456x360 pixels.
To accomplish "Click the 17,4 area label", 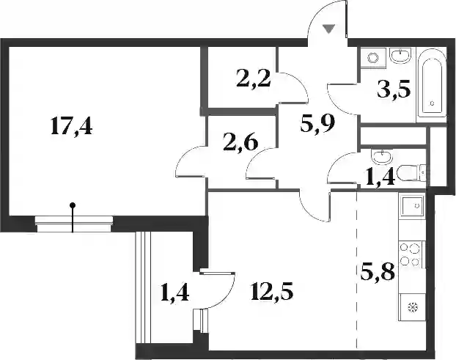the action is coord(71,127).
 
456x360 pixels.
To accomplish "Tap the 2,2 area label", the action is coord(254,79).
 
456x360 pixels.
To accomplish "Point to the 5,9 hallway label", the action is coord(317,124).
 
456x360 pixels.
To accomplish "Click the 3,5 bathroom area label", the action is coord(394,91).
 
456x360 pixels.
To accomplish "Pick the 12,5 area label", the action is coord(272,292).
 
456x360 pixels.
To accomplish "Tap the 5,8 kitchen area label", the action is coord(378,272).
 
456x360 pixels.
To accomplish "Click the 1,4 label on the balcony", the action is coord(174,293).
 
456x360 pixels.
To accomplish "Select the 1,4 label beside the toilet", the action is coord(380,177).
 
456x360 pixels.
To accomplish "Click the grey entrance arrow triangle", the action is coord(329,29).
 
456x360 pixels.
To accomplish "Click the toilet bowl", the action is coord(412,173).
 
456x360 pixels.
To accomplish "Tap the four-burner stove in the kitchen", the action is coord(411,255).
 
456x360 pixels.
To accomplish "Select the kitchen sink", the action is coord(412,207).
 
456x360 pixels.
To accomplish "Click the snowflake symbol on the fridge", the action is coord(413,306).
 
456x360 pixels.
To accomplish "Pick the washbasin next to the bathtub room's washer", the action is coord(400,55).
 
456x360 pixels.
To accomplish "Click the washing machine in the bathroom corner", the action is coord(373,58).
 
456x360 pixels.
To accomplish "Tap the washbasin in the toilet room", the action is coord(382,156).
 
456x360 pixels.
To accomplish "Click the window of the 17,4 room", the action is coord(74,224).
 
